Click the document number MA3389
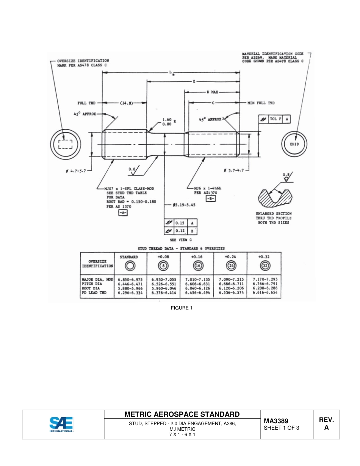276,421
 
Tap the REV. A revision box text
326,424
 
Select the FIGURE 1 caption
182,308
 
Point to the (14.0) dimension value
125,103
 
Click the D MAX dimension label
212,92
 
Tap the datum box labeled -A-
123,213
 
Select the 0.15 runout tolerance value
180,224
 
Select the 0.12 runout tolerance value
180,231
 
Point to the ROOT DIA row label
91,288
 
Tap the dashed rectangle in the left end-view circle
66,144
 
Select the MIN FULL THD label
261,103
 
